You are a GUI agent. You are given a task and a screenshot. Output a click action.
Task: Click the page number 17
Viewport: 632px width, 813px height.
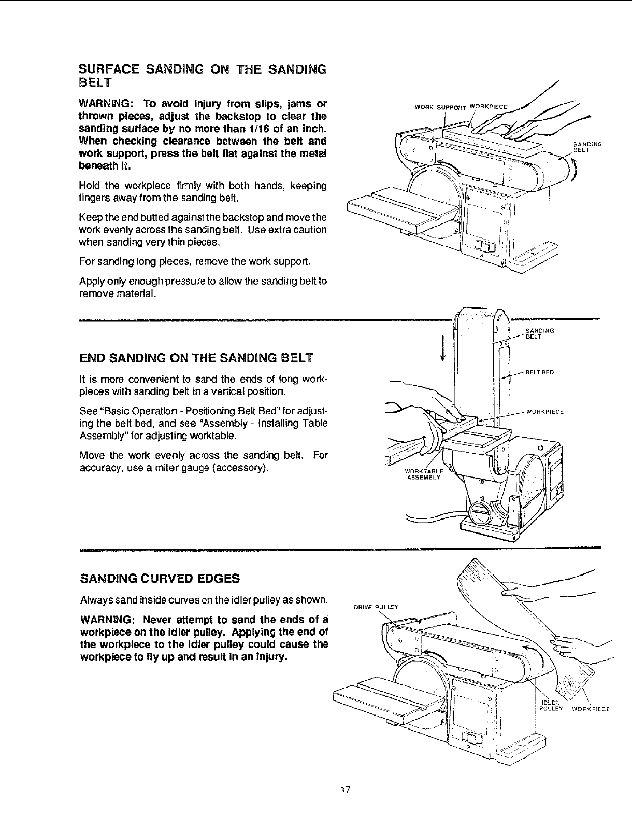pyautogui.click(x=347, y=790)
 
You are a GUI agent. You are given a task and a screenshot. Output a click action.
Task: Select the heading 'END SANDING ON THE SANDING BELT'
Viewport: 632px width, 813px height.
pyautogui.click(x=196, y=358)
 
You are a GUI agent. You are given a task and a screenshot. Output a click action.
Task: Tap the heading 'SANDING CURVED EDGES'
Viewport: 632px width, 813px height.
pyautogui.click(x=160, y=578)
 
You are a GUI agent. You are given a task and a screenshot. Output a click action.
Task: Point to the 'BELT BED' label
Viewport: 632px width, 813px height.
pyautogui.click(x=540, y=372)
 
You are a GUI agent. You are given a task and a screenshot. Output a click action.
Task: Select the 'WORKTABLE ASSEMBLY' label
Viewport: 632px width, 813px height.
pyautogui.click(x=423, y=474)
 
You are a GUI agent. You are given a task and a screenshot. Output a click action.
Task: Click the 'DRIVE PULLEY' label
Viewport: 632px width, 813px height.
pyautogui.click(x=376, y=607)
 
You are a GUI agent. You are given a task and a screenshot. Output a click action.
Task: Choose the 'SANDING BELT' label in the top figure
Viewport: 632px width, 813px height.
pyautogui.click(x=586, y=147)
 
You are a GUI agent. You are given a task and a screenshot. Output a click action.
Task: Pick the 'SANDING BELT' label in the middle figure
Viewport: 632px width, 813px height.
pyautogui.click(x=540, y=333)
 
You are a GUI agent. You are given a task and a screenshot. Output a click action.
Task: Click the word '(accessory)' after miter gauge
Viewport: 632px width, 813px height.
pyautogui.click(x=243, y=468)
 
